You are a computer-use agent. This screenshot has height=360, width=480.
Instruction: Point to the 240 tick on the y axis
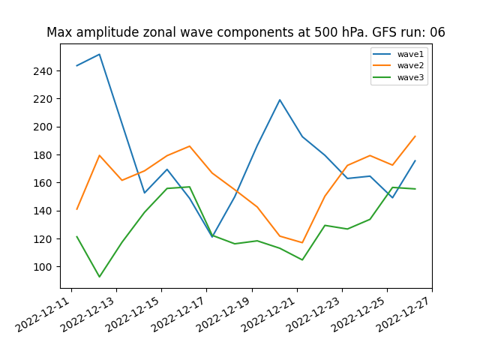click(43, 71)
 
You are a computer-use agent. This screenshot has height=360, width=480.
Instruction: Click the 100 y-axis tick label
click(43, 267)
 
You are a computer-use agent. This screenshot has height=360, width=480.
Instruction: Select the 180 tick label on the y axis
click(43, 155)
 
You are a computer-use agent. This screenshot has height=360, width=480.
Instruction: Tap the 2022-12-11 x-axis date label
click(43, 314)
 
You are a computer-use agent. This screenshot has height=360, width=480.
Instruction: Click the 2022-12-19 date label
click(223, 314)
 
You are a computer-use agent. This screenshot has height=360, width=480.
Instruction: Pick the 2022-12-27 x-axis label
click(403, 314)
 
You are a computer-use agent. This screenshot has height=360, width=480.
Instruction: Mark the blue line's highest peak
click(99, 55)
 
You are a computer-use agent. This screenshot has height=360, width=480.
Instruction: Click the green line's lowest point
click(99, 277)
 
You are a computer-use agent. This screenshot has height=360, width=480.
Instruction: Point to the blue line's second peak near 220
click(280, 100)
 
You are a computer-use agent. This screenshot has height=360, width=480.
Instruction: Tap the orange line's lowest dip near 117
click(302, 242)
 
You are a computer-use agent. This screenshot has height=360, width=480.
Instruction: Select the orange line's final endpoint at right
click(415, 136)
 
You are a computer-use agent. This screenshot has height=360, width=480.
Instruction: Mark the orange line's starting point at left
click(76, 209)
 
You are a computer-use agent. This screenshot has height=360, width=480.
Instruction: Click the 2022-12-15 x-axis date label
click(133, 314)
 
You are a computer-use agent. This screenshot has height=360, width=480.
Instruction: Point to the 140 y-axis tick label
click(43, 211)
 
